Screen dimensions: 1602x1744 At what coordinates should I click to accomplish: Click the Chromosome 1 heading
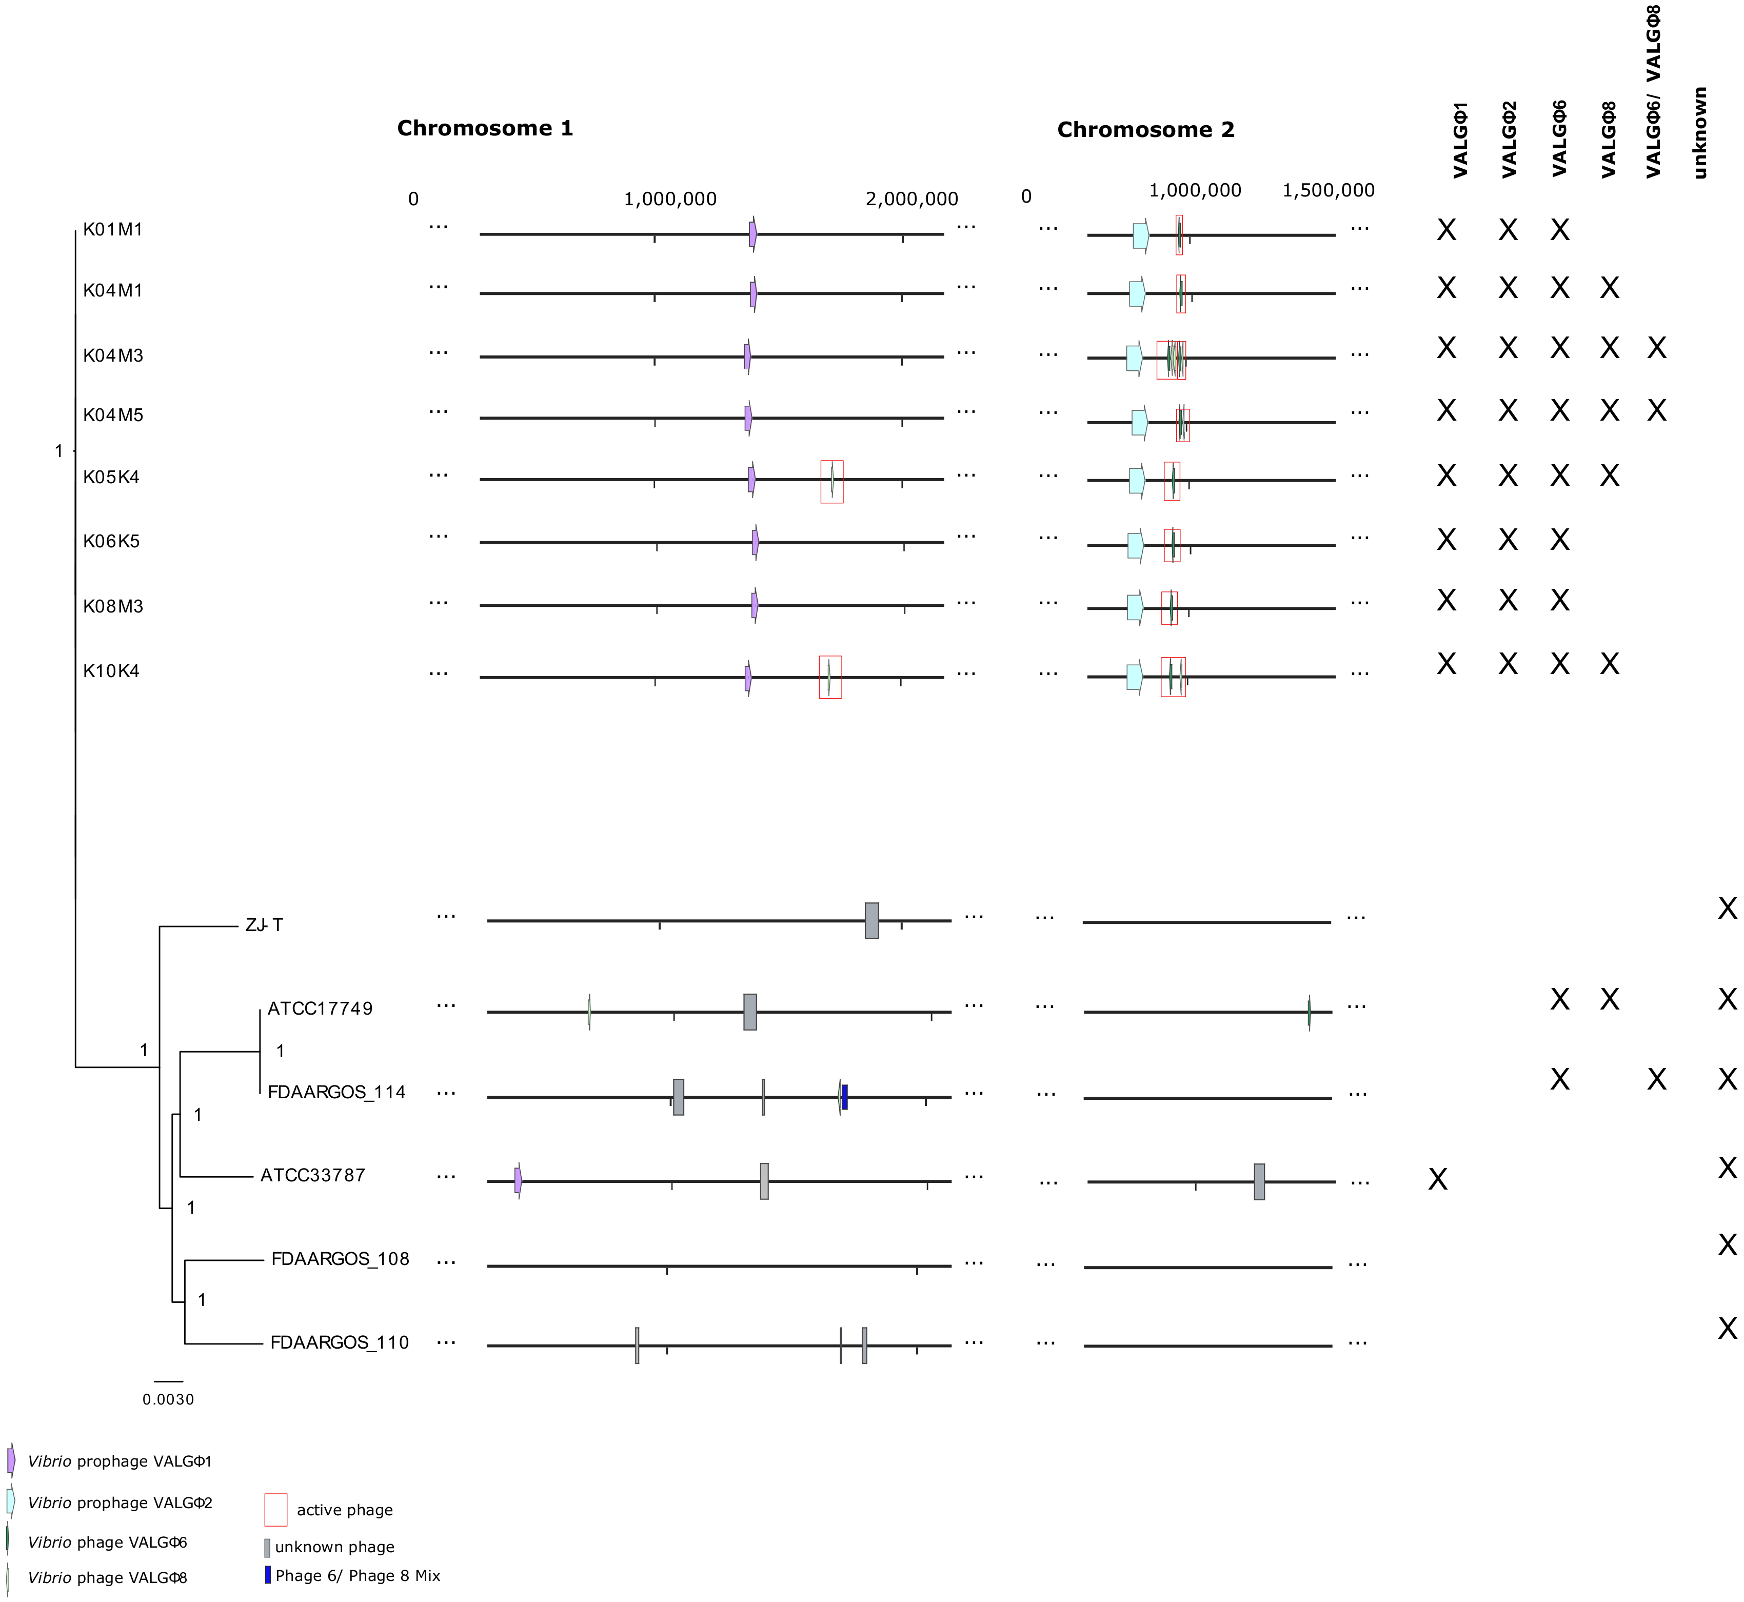point(485,128)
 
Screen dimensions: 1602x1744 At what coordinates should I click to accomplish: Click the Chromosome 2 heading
point(1145,130)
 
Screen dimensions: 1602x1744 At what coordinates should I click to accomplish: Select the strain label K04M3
point(113,355)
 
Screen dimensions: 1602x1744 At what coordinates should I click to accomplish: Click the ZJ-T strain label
point(264,925)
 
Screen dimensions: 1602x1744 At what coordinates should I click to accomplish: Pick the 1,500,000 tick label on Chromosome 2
point(1328,190)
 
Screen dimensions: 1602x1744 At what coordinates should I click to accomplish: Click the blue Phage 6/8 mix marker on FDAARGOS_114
point(844,1097)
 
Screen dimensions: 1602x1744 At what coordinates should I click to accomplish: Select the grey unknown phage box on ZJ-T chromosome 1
point(871,921)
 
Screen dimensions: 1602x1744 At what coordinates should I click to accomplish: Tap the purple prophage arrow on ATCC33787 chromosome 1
point(518,1180)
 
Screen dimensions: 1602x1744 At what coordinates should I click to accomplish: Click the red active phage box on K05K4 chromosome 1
point(831,481)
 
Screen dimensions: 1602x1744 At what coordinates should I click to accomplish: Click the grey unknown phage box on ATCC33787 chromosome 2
point(1259,1181)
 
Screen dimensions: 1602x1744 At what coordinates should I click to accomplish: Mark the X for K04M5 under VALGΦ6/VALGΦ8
point(1656,410)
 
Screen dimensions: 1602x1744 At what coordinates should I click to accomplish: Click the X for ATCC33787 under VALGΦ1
point(1437,1179)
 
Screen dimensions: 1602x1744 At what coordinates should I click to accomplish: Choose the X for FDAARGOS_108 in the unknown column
point(1727,1245)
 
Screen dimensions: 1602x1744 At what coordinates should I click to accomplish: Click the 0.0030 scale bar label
point(168,1399)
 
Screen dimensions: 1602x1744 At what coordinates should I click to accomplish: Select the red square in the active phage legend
point(275,1509)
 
